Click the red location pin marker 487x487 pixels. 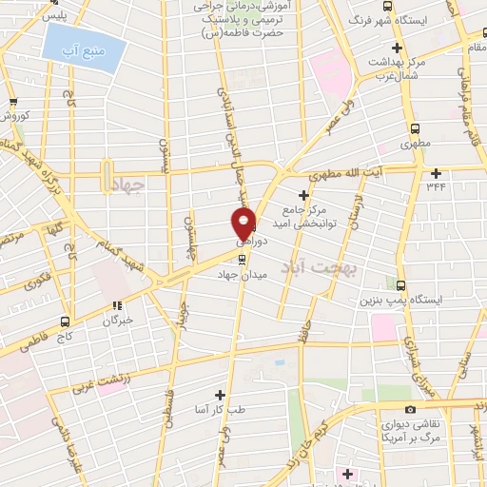tap(245, 224)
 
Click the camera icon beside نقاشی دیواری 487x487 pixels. tap(410, 409)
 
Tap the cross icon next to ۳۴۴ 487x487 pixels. tap(437, 172)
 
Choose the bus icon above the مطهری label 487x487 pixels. tap(414, 128)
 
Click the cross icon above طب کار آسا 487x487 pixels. tap(220, 394)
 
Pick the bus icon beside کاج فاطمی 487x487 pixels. tap(65, 321)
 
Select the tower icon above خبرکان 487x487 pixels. tap(118, 306)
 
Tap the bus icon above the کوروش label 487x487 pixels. tap(12, 103)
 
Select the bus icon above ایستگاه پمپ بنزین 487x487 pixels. tap(400, 284)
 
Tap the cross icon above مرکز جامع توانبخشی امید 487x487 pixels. tap(303, 194)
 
